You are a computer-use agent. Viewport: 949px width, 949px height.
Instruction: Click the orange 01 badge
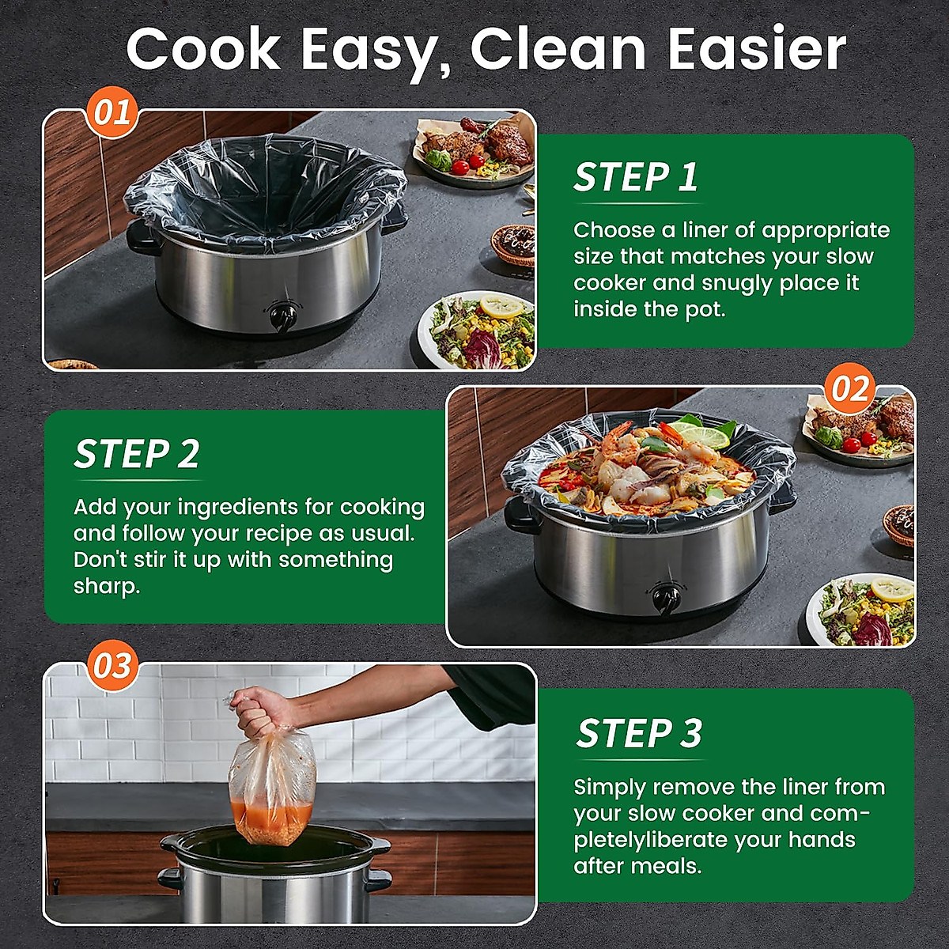pos(112,113)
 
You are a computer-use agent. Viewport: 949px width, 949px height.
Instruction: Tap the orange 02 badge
pos(850,390)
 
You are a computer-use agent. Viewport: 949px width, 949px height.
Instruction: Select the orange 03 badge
pos(112,666)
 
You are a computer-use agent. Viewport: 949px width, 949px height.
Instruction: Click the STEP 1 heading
pos(636,178)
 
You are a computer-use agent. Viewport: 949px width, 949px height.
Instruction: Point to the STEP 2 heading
pos(137,454)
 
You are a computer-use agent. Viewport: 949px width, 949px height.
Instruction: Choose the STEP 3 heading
pos(639,733)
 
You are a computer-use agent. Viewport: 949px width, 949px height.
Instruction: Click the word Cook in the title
pos(203,49)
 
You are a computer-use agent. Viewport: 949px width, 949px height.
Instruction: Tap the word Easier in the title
pos(756,49)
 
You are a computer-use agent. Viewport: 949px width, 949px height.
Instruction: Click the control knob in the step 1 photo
pos(282,316)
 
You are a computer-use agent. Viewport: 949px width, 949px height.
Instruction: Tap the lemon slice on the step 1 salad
pos(502,306)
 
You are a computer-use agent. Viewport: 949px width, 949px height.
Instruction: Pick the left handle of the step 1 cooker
pos(141,238)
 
